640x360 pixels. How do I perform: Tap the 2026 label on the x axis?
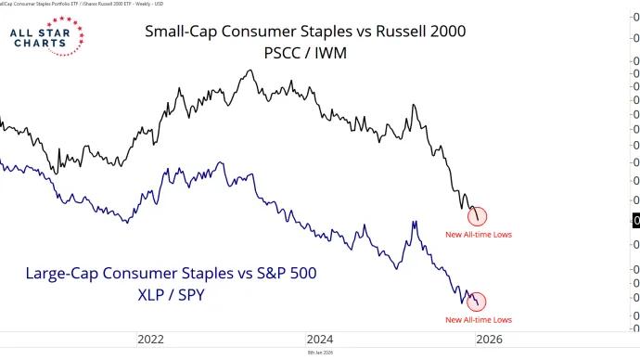pos(491,340)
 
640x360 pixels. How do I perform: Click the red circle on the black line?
pos(478,217)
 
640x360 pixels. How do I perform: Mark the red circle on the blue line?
pos(478,302)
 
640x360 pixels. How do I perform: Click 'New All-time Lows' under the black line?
pos(478,235)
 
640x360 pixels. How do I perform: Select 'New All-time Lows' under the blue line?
pos(478,319)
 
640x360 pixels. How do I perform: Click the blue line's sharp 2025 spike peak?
pos(412,221)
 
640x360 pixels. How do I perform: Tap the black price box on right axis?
pos(635,220)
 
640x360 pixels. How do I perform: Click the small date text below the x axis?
pos(320,354)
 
